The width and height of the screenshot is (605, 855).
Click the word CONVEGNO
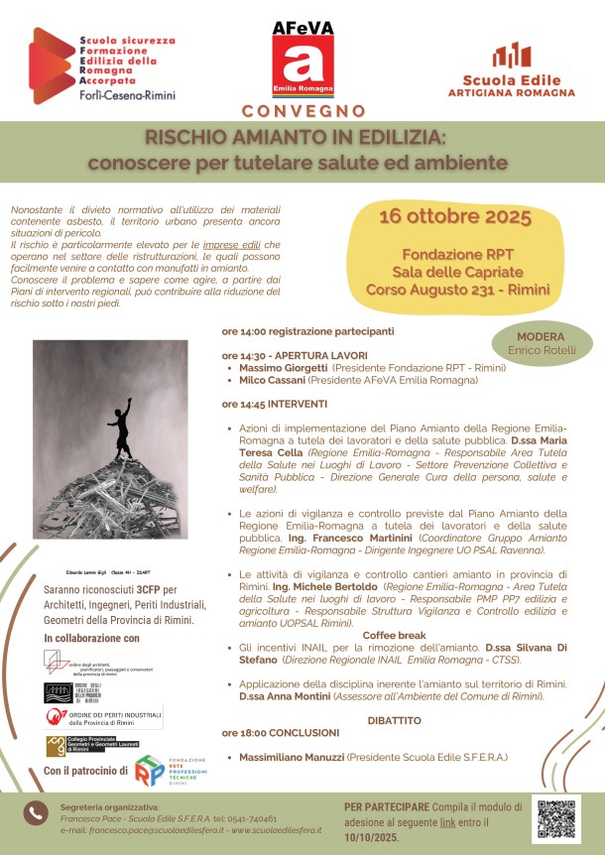[x=302, y=111]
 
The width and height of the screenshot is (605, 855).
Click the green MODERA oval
[x=542, y=343]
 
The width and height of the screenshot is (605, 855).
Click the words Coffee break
[x=395, y=634]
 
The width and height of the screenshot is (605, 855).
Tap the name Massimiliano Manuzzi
[x=293, y=757]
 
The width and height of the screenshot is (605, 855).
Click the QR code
[x=557, y=817]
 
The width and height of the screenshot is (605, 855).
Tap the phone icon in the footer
[x=36, y=812]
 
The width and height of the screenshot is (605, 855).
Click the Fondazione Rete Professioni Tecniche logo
[x=151, y=771]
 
